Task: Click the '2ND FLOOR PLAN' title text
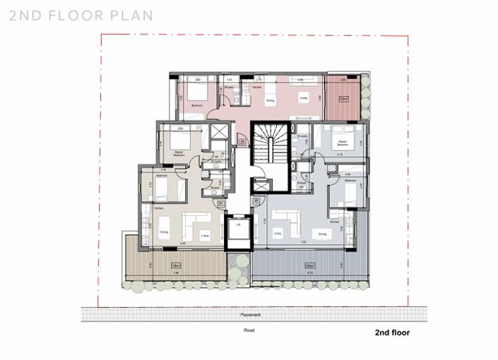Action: (81, 16)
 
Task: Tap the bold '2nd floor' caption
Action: (392, 332)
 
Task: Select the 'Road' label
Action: (249, 329)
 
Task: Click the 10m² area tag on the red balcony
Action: (342, 98)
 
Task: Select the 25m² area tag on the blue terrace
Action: (309, 265)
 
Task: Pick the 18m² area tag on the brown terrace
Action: (175, 265)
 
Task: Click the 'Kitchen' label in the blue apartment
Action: (333, 222)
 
